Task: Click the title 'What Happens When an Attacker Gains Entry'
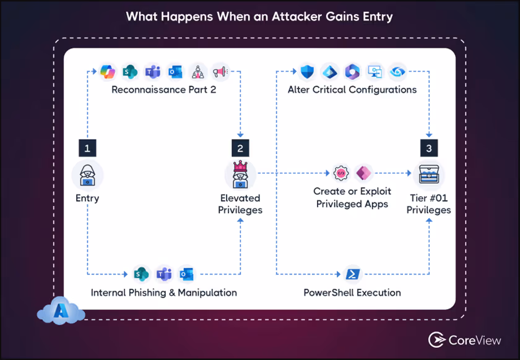tap(259, 16)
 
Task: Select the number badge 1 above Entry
tap(87, 148)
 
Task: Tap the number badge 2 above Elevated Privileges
tap(240, 148)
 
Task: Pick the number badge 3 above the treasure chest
tap(428, 148)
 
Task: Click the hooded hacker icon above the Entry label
tap(87, 175)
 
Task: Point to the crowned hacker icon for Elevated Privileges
tap(240, 174)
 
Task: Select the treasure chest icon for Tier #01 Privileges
tap(428, 174)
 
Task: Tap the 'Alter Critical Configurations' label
tap(352, 90)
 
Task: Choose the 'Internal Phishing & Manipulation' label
tap(163, 292)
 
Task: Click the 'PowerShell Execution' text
tap(352, 292)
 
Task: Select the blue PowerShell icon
tap(353, 273)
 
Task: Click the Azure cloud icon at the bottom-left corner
tap(59, 311)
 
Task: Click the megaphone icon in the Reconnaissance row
tap(219, 72)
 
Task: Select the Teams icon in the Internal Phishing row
tap(164, 273)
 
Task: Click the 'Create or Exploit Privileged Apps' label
tap(352, 198)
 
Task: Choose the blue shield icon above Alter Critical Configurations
tap(308, 72)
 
